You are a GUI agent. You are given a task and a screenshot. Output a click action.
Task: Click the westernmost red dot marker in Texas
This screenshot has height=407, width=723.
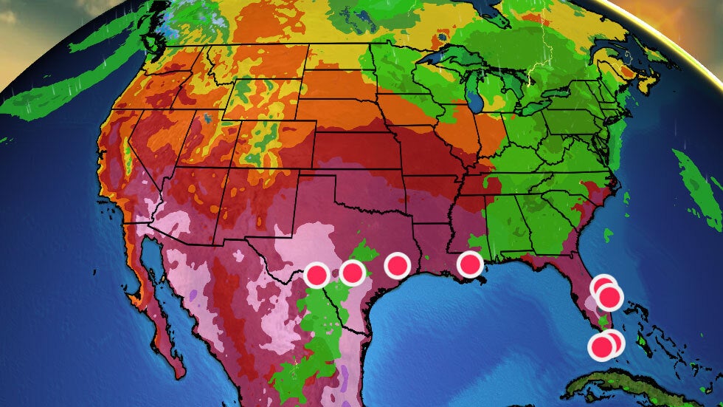317,275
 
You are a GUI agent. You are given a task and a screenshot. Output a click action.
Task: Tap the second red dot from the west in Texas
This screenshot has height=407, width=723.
353,273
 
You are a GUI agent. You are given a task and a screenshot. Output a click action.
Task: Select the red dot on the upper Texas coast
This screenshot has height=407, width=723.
397,264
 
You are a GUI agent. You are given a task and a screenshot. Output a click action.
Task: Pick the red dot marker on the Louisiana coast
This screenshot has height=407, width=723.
469,264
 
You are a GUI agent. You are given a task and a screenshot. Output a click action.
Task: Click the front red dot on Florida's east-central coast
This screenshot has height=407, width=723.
610,298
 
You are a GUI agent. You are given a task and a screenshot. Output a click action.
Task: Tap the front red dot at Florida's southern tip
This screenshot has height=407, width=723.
601,346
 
